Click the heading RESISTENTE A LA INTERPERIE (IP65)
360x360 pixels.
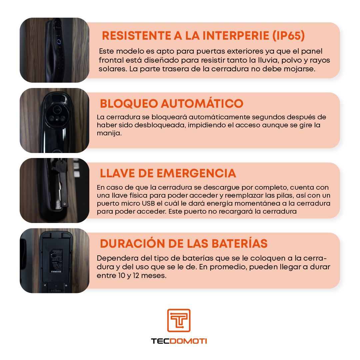tap(203, 35)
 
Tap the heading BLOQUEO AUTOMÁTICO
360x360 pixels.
tap(172, 104)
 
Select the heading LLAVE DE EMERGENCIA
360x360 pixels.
tap(168, 173)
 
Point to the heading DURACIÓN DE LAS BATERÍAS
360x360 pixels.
tap(184, 244)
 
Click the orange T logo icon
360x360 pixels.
tap(179, 320)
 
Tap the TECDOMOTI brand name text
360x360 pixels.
tap(179, 341)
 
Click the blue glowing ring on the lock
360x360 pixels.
tap(59, 42)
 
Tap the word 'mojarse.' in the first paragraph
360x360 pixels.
tap(303, 69)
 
